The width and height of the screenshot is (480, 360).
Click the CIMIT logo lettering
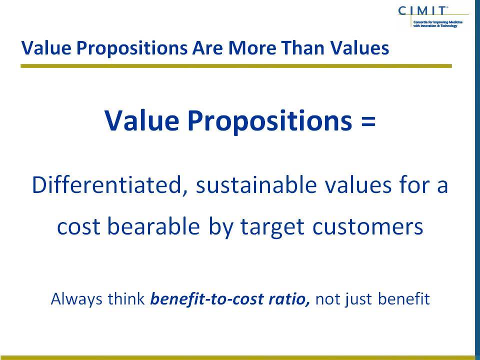(422, 10)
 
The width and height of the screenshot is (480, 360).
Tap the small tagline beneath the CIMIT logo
(438, 24)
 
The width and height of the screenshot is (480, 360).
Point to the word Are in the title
(207, 48)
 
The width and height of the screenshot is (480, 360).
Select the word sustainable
(256, 185)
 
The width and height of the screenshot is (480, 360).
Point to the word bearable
(153, 226)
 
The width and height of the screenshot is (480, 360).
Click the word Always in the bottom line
(76, 299)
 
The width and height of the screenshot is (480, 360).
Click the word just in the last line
(359, 299)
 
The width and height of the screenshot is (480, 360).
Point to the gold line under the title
(236, 66)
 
